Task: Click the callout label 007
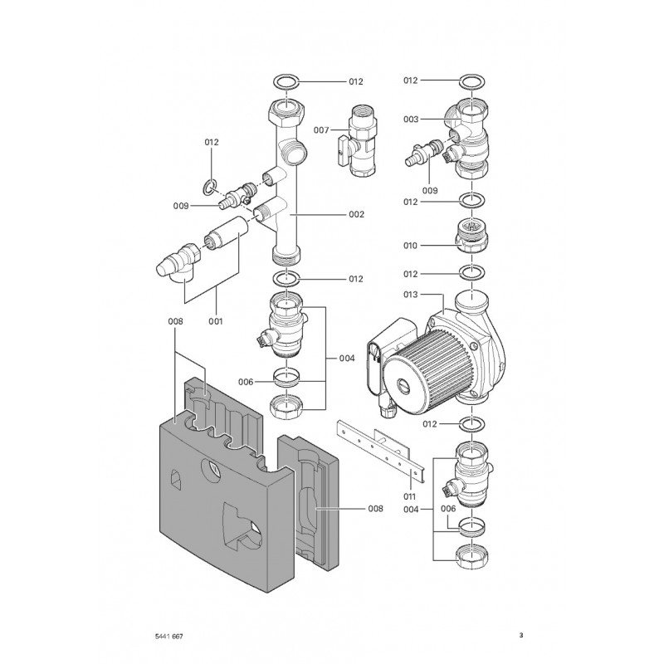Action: [x=320, y=130]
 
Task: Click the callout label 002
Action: [x=356, y=214]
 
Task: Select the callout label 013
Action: [x=410, y=295]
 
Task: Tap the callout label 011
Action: [x=409, y=496]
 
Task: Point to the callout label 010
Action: [x=410, y=246]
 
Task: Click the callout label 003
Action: [x=410, y=120]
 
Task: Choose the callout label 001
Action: [x=216, y=321]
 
